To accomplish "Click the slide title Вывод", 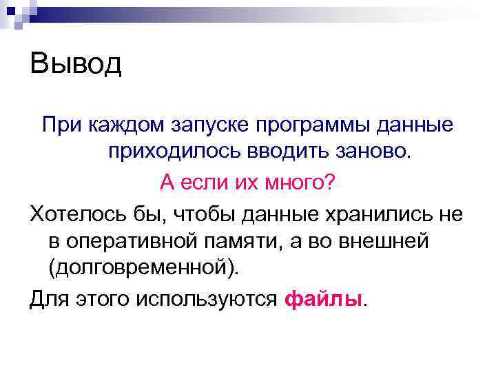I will click(x=75, y=65).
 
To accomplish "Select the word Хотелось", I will click(x=77, y=214).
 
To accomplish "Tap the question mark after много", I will click(x=330, y=184).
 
